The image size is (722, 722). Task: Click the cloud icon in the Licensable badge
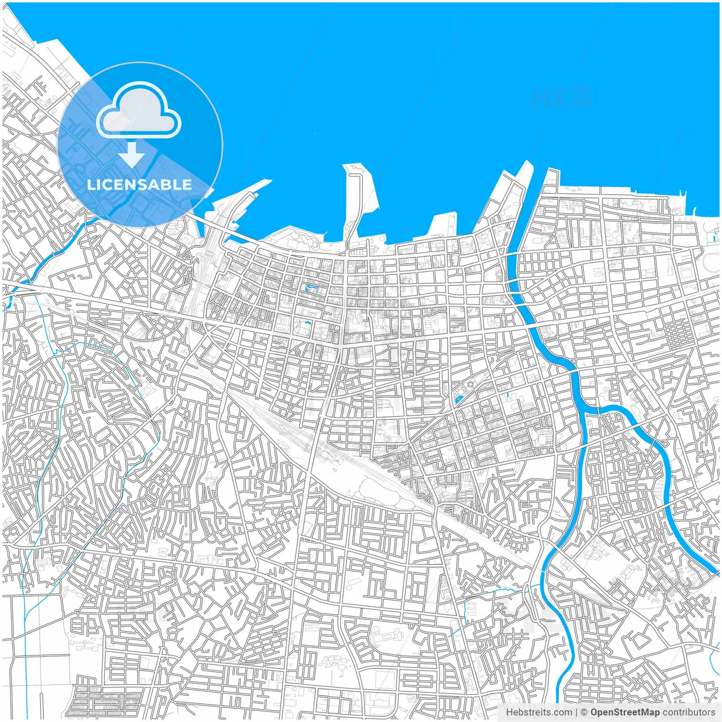(x=139, y=111)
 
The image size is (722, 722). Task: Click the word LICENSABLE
(x=139, y=184)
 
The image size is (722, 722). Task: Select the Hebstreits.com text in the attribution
(x=539, y=712)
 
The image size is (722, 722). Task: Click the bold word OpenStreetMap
(x=624, y=712)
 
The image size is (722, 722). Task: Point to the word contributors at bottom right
(x=689, y=712)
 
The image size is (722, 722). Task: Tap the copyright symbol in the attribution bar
(x=584, y=712)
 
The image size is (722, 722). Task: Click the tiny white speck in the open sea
(x=315, y=134)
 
